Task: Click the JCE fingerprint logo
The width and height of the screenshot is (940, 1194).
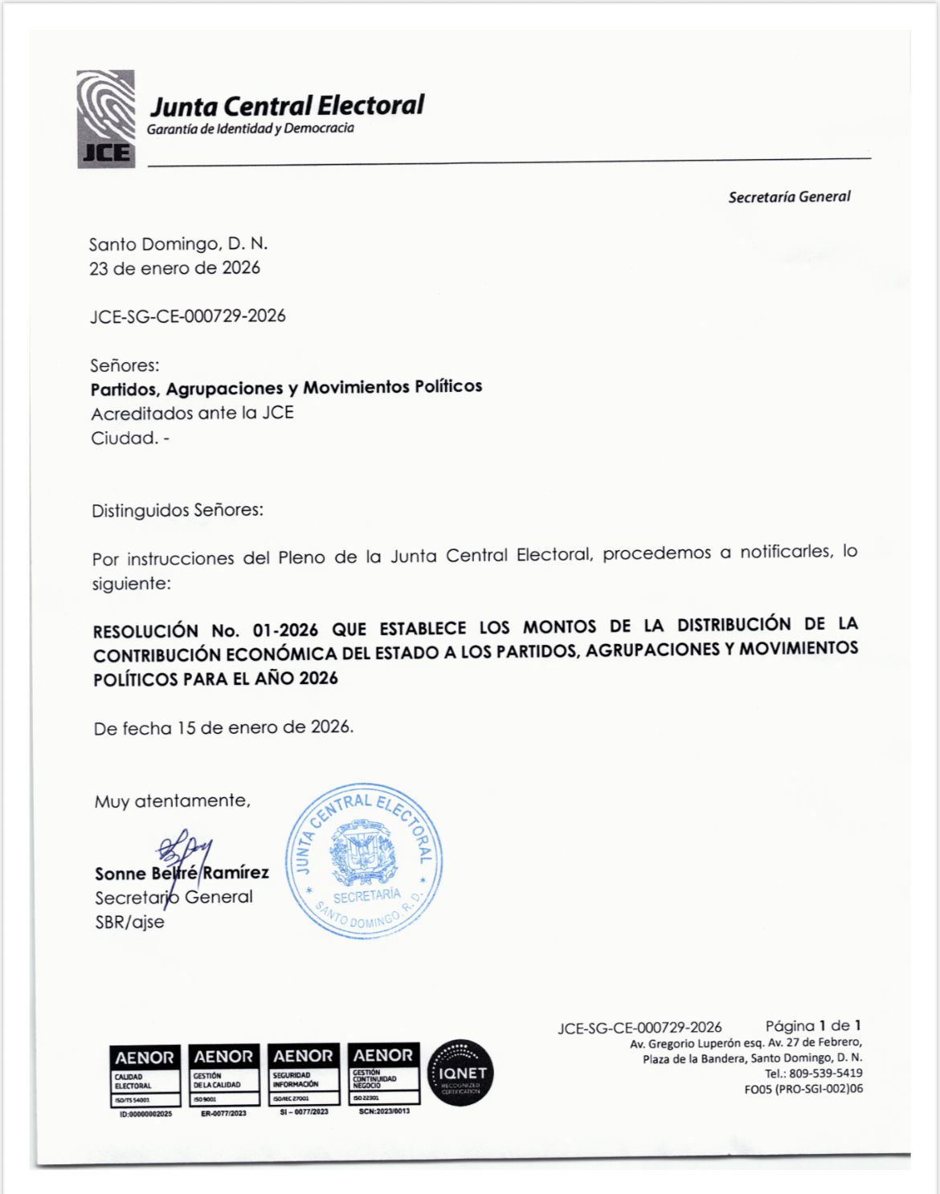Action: (x=106, y=119)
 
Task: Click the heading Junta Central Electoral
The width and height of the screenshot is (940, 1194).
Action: (x=287, y=106)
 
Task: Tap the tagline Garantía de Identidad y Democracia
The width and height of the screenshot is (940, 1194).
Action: (x=250, y=128)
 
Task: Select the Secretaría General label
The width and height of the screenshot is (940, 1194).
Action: (x=788, y=197)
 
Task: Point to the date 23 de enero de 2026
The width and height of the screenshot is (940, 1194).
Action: (x=174, y=268)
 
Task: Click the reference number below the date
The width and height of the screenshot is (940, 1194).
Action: (x=187, y=316)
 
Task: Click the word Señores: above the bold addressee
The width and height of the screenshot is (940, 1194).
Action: (x=125, y=365)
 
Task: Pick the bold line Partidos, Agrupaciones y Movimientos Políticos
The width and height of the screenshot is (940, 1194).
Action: (x=286, y=388)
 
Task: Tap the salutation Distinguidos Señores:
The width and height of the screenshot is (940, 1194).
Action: (x=178, y=511)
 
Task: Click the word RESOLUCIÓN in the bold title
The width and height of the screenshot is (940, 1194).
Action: (x=145, y=631)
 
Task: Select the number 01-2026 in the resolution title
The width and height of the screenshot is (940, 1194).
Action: (x=285, y=630)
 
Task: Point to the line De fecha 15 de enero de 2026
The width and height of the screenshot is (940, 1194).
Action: (x=223, y=728)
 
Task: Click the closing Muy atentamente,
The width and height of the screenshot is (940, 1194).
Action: (x=172, y=801)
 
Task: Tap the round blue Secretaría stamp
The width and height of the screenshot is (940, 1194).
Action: (x=364, y=860)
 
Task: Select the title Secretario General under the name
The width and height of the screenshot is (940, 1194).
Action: (x=174, y=898)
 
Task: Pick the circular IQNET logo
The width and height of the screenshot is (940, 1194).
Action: (x=461, y=1073)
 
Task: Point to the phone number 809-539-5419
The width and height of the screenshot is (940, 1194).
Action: (x=814, y=1074)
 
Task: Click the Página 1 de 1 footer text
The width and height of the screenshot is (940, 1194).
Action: (x=812, y=1026)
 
